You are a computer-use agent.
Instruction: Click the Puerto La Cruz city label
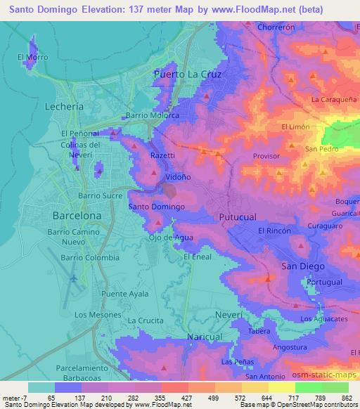[x=188, y=74]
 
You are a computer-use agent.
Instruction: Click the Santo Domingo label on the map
[x=157, y=207]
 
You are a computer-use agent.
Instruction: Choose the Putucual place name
[x=238, y=217]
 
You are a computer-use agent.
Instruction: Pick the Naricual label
[x=205, y=337]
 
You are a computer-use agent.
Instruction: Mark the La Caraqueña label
[x=335, y=100]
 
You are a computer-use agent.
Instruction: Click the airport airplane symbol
[x=74, y=279]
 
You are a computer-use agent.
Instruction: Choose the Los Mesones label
[x=98, y=314]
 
